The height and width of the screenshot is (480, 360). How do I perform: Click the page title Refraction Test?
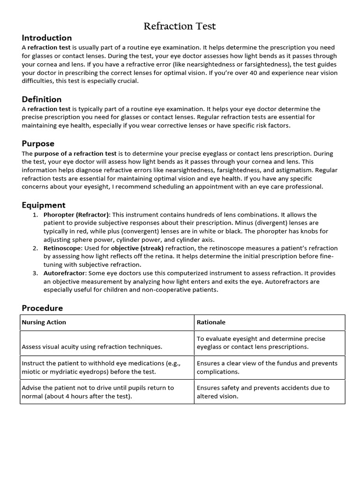pos(180,26)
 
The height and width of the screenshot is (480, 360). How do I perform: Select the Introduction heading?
pos(47,38)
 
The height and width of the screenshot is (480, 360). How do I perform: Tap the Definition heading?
pos(42,99)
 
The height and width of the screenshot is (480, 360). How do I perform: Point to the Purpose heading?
pos(38,143)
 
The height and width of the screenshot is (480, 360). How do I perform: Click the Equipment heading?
pos(44,205)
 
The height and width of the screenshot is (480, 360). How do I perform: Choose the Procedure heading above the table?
pos(42,308)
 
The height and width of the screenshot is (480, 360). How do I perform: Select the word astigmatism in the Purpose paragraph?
pos(295,170)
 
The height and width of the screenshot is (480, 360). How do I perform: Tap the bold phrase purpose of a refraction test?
pos(75,153)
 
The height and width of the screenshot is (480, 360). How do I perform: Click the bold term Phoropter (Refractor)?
pos(76,215)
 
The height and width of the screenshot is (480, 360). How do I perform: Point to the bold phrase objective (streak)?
pos(137,248)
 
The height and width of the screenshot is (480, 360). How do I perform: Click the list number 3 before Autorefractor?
pos(35,273)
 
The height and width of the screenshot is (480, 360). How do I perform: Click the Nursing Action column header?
pos(44,322)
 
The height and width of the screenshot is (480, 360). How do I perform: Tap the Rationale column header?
pos(211,322)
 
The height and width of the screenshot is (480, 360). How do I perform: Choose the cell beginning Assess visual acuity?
pos(92,347)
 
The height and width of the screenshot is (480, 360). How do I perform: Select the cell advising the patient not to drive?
pos(97,392)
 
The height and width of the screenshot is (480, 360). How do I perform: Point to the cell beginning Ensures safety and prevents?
pos(263,392)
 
